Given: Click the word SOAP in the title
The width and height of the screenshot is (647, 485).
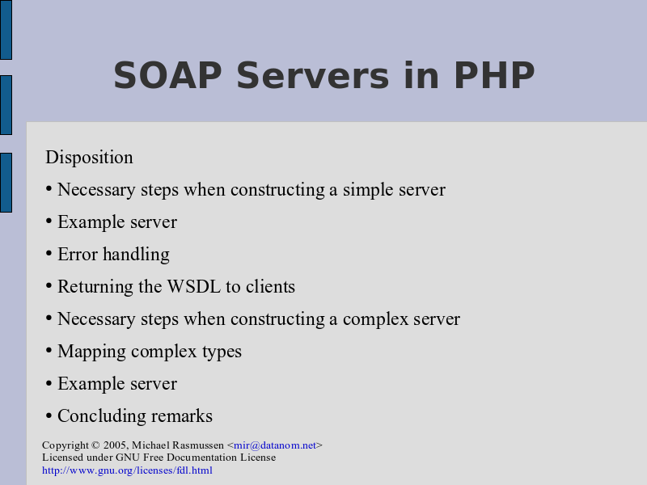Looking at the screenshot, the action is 167,75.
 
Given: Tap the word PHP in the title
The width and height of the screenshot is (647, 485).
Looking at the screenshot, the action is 494,75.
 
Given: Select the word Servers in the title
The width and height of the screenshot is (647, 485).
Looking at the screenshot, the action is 313,75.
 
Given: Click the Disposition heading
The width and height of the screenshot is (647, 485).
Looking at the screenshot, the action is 89,157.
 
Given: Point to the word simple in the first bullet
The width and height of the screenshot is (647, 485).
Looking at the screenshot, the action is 365,190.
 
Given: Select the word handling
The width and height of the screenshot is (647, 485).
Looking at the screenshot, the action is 136,255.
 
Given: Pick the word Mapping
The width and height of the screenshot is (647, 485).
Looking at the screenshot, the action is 91,352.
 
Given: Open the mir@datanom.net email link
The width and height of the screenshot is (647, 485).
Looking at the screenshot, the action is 275,445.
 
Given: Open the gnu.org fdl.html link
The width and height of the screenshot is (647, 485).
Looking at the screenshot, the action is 127,470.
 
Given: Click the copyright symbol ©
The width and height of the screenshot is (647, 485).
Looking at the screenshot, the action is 95,445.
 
